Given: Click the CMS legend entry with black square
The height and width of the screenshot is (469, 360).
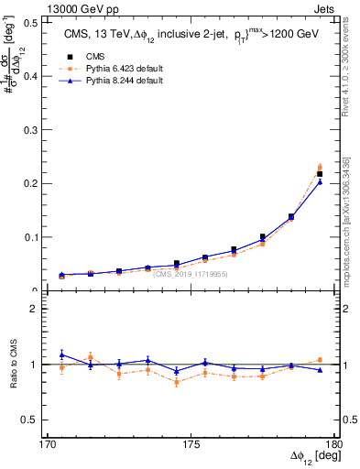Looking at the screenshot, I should (92, 57).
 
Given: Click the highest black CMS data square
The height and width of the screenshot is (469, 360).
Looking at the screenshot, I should (320, 174).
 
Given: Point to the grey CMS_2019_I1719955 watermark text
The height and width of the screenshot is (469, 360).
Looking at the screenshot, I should (191, 273).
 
